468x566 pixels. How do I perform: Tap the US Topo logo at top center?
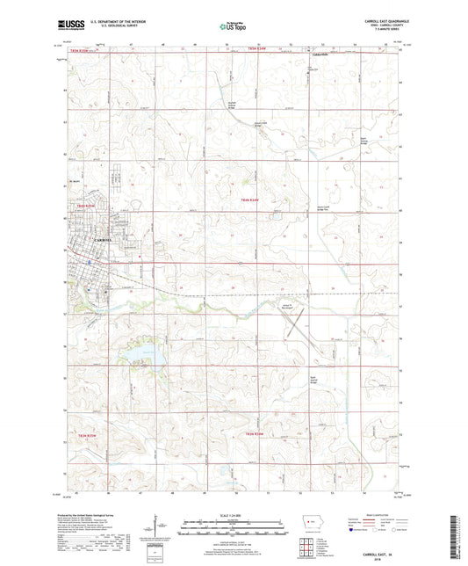click(x=233, y=26)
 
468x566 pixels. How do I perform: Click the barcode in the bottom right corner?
click(x=455, y=538)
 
